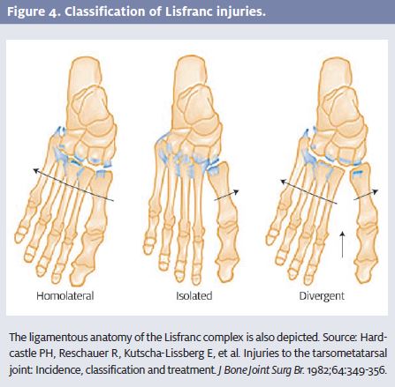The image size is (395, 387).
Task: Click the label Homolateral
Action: click(x=65, y=295)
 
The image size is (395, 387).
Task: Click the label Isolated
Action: click(x=194, y=295)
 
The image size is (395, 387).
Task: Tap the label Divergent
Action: click(x=322, y=296)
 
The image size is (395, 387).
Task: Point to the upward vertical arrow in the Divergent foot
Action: click(x=342, y=244)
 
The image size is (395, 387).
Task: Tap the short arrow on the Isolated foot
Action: click(x=226, y=195)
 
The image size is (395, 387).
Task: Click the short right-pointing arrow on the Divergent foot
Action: click(x=366, y=195)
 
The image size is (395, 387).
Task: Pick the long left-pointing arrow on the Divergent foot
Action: click(x=308, y=192)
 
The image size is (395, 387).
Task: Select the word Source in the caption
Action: click(x=339, y=338)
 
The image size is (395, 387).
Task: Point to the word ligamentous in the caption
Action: click(x=57, y=338)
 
